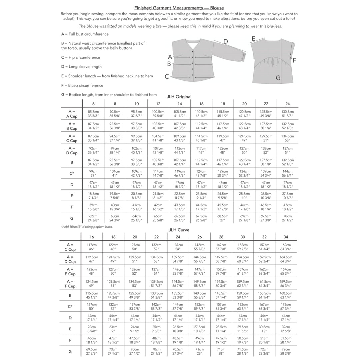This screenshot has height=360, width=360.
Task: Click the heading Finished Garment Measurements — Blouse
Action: tap(179, 8)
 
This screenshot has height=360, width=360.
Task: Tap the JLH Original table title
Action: tap(179, 97)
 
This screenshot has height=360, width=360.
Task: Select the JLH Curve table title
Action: tap(179, 230)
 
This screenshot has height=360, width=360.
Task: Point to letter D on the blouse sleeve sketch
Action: tap(226, 41)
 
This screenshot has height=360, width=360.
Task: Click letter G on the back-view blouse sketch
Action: tap(278, 78)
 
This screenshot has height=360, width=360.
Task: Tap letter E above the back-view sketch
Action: tap(254, 39)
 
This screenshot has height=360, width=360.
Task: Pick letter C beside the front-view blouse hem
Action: tap(167, 76)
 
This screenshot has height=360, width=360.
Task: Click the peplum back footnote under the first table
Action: tap(87, 227)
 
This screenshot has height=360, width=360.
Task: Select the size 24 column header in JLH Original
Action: tap(287, 104)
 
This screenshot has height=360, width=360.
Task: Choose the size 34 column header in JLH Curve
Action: tap(286, 237)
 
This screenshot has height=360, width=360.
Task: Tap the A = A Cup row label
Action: tap(71, 114)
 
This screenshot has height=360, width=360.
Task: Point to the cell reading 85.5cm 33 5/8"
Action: tap(93, 114)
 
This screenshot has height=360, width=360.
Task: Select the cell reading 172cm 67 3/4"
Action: tap(286, 307)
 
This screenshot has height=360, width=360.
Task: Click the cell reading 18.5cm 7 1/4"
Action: tap(93, 196)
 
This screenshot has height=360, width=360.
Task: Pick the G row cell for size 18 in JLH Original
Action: tap(223, 218)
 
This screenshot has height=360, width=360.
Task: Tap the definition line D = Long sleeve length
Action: tap(81, 67)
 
